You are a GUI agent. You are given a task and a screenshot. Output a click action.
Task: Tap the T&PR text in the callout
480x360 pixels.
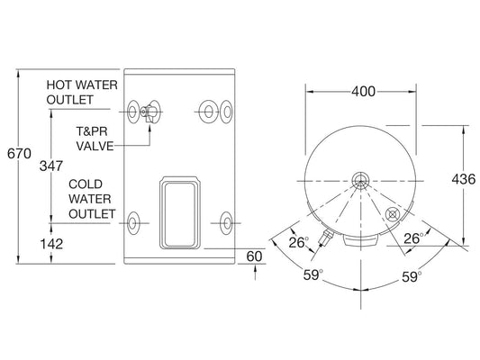click(89, 129)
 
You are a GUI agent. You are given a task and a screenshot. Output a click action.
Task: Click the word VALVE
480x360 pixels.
click(94, 144)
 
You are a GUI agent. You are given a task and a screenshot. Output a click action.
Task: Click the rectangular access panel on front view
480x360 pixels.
click(181, 211)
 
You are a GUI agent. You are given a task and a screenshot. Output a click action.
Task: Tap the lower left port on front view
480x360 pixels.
click(134, 220)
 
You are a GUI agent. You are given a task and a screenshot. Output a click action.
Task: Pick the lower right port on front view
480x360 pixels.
click(224, 220)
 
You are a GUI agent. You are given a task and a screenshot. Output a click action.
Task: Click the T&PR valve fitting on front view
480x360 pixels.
click(148, 112)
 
